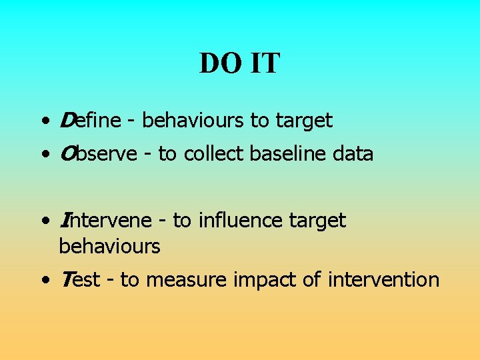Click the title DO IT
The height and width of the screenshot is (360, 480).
coord(240,64)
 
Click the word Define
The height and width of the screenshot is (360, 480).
coord(89,121)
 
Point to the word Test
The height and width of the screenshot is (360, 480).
coord(79,279)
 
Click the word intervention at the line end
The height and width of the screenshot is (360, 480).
coord(384,279)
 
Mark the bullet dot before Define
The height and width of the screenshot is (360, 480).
coord(44,122)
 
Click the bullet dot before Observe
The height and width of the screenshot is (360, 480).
coord(44,155)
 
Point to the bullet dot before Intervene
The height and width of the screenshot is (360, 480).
coord(44,222)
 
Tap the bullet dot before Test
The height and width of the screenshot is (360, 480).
coord(44,281)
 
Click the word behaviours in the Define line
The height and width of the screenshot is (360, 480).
coord(193,121)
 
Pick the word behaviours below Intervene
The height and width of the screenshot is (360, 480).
coord(109,247)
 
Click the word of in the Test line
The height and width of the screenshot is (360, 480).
coord(311,279)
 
